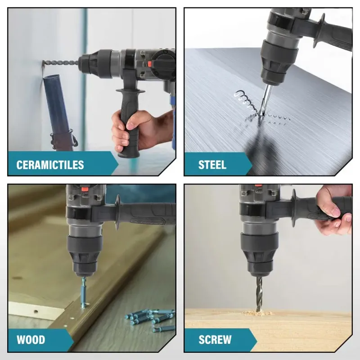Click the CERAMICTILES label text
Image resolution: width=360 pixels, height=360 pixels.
coord(50,165)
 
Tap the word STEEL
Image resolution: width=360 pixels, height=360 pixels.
coord(212,165)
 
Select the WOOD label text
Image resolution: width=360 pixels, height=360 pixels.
coord(31,340)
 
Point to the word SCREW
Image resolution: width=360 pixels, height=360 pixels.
coord(215,340)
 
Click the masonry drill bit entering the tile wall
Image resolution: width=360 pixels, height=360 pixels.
coord(61,63)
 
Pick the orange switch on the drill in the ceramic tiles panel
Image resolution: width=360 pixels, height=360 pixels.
coord(150,64)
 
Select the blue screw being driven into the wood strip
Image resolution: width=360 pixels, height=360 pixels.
coord(84,293)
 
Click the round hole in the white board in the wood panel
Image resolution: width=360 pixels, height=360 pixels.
coord(36,312)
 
